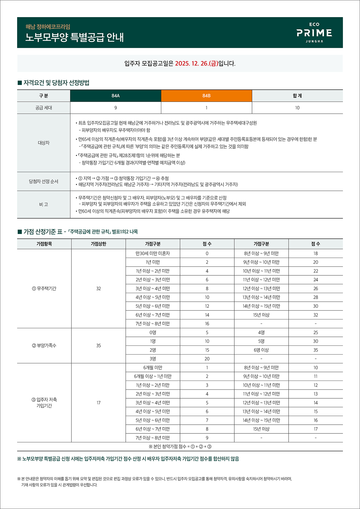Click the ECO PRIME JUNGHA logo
point(314,33)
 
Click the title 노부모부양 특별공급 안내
point(74,37)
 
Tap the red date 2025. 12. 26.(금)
point(196,64)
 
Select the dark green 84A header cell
point(115,96)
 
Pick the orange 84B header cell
point(206,96)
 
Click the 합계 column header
point(297,96)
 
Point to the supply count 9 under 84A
point(115,108)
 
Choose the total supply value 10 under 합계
point(297,108)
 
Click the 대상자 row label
point(43,143)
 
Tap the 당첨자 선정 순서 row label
point(43,181)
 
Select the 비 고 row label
point(43,205)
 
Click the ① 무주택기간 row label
point(44,289)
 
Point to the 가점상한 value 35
point(98,346)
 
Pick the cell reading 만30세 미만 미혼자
point(153,253)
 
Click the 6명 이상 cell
point(261,350)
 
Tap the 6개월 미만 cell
point(153,368)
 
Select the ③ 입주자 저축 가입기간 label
point(44,403)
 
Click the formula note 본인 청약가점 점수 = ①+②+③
point(180,447)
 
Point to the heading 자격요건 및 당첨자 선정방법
point(56,83)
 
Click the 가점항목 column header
point(44,244)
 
